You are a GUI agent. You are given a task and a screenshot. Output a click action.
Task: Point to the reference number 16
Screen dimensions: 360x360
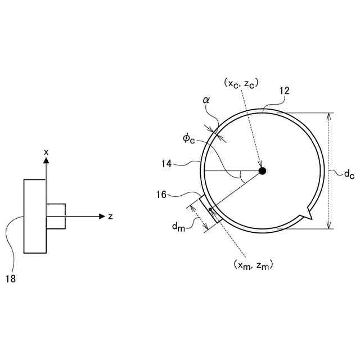coord(162,194)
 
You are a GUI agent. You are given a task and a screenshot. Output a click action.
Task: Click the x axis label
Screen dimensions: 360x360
coord(46,152)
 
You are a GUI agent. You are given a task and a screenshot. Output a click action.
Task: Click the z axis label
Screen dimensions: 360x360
coord(111,217)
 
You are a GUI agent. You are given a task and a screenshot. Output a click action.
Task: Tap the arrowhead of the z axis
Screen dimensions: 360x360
coord(102,216)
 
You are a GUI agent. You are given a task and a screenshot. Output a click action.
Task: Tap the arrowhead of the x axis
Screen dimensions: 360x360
coord(46,160)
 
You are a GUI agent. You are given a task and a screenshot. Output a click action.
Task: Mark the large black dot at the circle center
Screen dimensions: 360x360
coord(262,170)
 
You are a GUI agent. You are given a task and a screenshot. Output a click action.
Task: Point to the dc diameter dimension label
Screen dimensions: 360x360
coord(349,174)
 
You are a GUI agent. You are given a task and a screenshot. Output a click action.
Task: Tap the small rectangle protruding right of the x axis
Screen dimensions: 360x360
coord(56,216)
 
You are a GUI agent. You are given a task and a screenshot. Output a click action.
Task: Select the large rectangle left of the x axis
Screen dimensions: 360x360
coord(35,216)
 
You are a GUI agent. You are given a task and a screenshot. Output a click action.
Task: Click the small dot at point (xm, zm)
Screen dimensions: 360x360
coord(211,209)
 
